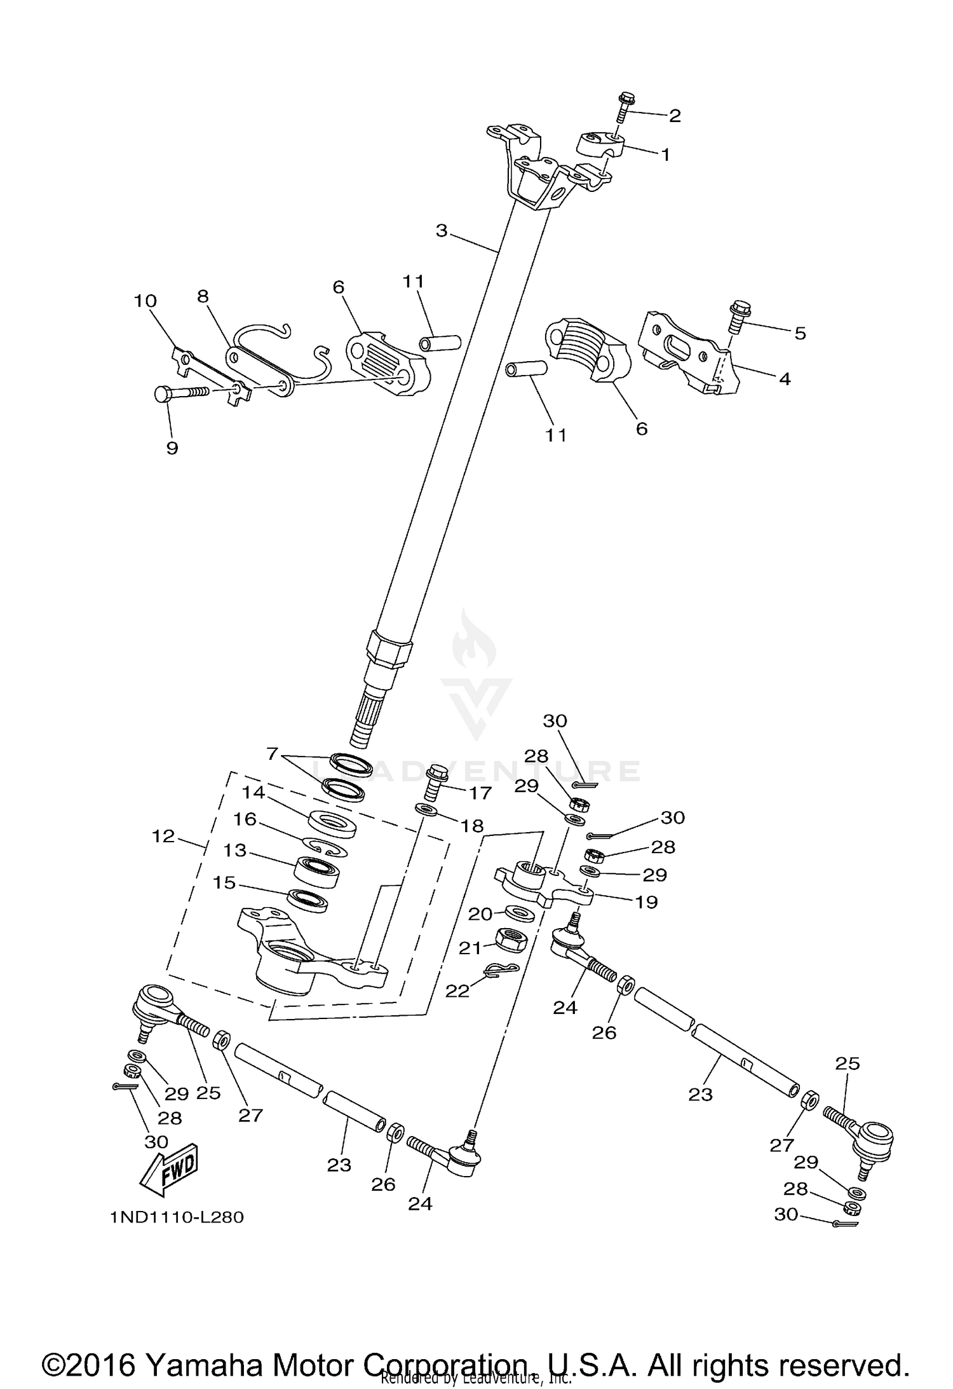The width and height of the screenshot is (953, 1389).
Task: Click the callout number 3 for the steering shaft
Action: (442, 231)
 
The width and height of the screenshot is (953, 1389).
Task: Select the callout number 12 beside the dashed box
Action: (163, 836)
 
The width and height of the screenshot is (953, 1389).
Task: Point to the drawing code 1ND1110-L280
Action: (177, 1217)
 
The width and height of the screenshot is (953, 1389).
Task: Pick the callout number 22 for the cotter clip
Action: (457, 990)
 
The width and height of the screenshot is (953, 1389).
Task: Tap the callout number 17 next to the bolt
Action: (480, 793)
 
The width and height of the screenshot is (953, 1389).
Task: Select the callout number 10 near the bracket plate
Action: (145, 301)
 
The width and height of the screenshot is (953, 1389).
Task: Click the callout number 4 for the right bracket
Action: (784, 379)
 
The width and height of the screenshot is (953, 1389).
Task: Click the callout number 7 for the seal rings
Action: (273, 754)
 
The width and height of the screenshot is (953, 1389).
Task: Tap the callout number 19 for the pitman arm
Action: (647, 901)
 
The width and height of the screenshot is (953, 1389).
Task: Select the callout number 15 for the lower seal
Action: (225, 883)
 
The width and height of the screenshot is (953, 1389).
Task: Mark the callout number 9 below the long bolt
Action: (172, 448)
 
